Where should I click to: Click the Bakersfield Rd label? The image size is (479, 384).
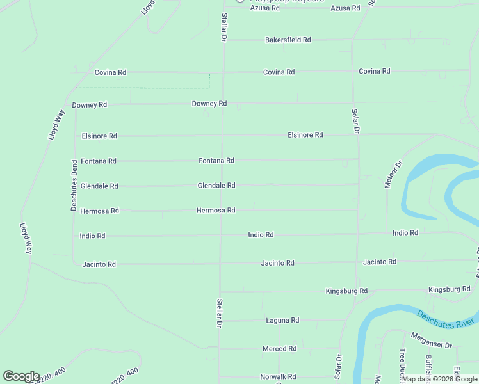point(288,40)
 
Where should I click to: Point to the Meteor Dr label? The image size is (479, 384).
point(393,173)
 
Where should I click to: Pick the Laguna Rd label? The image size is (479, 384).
point(282,320)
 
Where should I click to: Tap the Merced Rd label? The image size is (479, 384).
point(279,349)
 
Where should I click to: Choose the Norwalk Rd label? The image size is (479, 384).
point(278,377)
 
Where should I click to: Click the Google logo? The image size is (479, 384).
point(21,376)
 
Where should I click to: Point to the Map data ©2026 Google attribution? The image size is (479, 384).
point(439,379)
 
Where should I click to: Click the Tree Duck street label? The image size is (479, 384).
point(403,364)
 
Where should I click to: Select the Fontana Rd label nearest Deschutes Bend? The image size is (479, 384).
point(99,161)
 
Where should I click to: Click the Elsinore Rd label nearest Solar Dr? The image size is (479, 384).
point(305,135)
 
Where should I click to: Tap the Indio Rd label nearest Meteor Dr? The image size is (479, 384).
point(405,233)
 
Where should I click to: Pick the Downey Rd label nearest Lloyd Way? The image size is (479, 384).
point(89,104)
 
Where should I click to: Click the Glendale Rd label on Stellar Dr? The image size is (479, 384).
point(216,186)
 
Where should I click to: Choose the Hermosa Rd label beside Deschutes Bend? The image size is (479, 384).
point(99,211)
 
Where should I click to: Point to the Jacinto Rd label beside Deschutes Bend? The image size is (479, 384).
point(99,264)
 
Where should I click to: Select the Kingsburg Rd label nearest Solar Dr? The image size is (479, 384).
point(346,291)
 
